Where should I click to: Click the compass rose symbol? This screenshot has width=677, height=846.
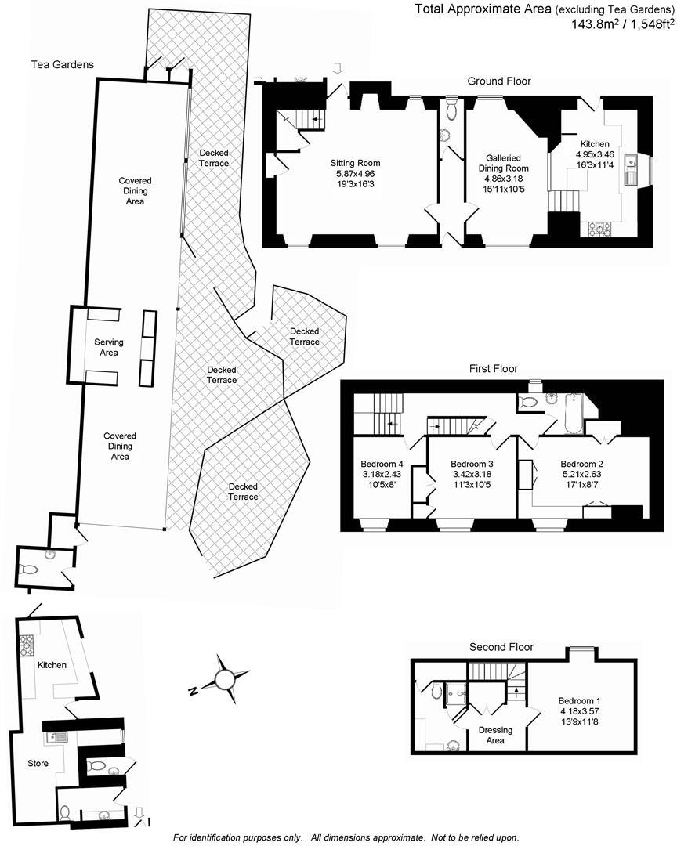[225, 675]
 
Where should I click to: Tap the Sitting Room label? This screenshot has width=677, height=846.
[355, 163]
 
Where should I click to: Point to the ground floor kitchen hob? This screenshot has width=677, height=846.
[599, 229]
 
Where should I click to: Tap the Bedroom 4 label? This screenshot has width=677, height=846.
[382, 463]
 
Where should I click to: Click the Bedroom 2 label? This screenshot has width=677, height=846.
[582, 463]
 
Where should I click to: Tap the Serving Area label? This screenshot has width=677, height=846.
[109, 347]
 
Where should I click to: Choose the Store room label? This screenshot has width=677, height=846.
[38, 763]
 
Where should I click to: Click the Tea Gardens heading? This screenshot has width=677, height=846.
[63, 65]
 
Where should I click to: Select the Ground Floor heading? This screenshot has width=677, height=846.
[499, 81]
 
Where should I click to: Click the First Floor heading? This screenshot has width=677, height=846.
[494, 368]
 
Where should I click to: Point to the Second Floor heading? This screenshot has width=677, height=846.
[501, 647]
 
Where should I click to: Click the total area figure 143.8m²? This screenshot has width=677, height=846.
[596, 24]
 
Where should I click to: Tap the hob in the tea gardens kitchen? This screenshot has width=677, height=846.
[27, 645]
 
